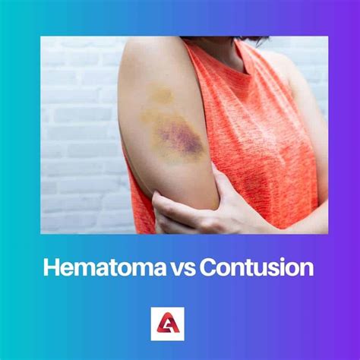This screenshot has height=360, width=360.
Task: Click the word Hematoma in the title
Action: (102, 269)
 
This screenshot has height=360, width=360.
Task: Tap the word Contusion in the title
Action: (257, 269)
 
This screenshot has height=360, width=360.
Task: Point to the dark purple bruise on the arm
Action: (179, 138)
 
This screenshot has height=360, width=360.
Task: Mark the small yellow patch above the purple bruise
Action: (160, 95)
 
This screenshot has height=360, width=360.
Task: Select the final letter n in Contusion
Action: (307, 269)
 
